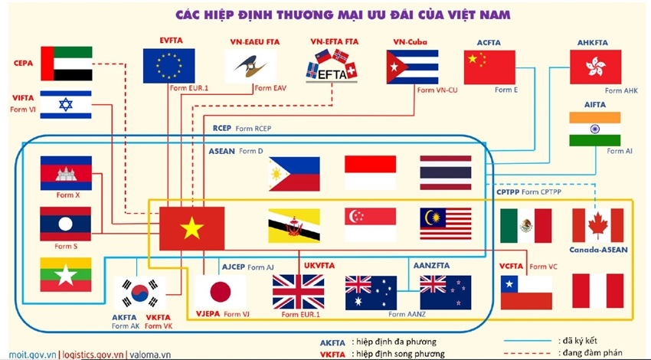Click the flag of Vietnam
point(191,228)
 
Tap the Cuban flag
point(412,67)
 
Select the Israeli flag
point(66,105)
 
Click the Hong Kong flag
point(595,67)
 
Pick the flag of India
point(595,129)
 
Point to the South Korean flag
point(140,293)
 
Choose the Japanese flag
point(221,292)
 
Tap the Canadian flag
point(598,225)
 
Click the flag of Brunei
point(294,225)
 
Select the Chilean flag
point(526,293)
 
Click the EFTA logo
point(332,66)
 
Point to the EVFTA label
point(171,41)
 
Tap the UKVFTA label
point(319,265)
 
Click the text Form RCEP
point(254,129)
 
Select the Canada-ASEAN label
point(598,250)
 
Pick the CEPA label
point(23,63)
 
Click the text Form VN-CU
point(437,90)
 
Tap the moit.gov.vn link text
point(32,355)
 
